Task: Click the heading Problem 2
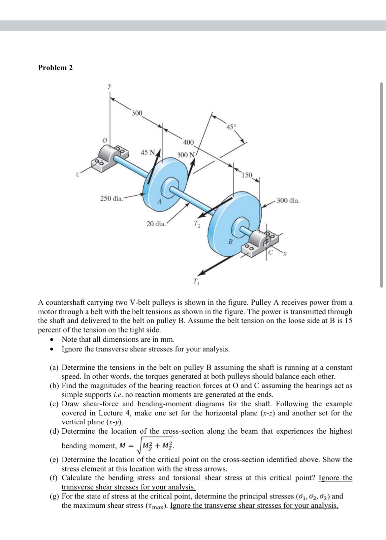55,68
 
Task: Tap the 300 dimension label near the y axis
137,113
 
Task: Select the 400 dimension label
188,142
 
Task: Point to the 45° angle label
231,127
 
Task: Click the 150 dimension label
247,175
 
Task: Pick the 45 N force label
148,153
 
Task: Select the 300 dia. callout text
288,200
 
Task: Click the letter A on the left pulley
159,201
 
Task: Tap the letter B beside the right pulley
231,242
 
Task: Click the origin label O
105,140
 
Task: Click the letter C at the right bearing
271,253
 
